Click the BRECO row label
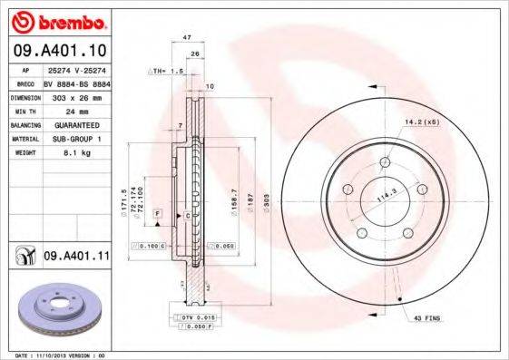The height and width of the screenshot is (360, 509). tap(25, 82)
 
